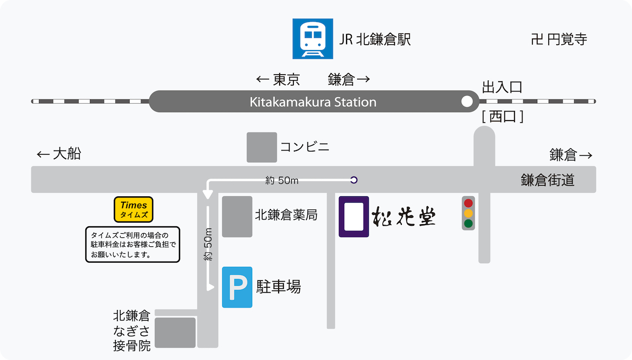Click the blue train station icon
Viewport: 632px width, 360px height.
313,39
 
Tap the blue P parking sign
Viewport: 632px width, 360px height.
237,287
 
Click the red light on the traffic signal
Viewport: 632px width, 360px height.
468,203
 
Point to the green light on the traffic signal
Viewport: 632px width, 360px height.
468,224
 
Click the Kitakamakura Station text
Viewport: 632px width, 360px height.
313,102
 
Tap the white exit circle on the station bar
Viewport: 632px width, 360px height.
467,102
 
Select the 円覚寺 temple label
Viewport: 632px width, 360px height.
559,39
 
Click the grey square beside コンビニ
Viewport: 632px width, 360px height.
262,147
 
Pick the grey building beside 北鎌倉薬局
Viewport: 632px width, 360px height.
237,216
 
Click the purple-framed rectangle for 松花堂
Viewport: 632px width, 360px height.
353,216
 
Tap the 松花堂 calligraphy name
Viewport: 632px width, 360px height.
404,216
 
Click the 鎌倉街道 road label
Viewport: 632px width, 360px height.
548,181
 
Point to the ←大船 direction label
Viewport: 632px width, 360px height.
59,154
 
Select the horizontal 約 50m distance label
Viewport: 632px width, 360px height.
282,181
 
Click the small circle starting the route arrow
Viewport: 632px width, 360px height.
354,180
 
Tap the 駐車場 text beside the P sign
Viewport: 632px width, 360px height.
279,287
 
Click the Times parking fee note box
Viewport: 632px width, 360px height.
133,244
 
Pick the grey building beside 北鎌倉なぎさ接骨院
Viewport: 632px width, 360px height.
175,333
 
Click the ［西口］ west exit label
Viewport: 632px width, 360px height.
502,117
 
